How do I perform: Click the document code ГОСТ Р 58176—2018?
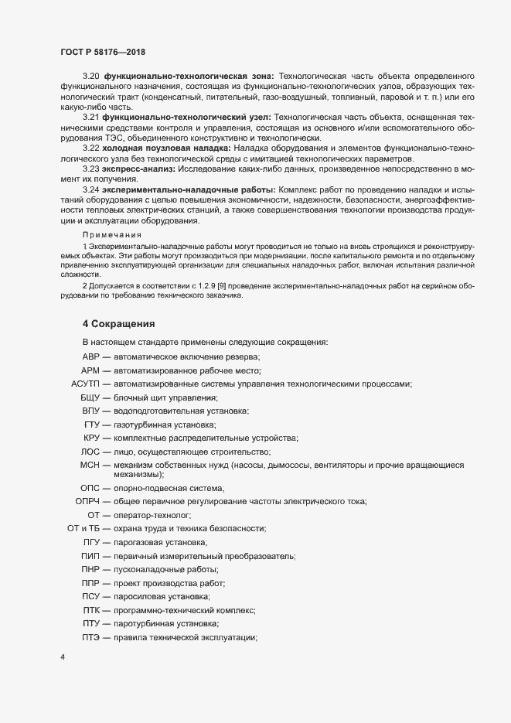[102, 51]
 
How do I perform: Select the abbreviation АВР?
[91, 356]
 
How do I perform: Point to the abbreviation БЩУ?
[91, 397]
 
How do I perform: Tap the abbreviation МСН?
[91, 465]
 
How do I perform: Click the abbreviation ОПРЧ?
[87, 501]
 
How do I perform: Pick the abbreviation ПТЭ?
[92, 636]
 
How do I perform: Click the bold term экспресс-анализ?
[140, 168]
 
